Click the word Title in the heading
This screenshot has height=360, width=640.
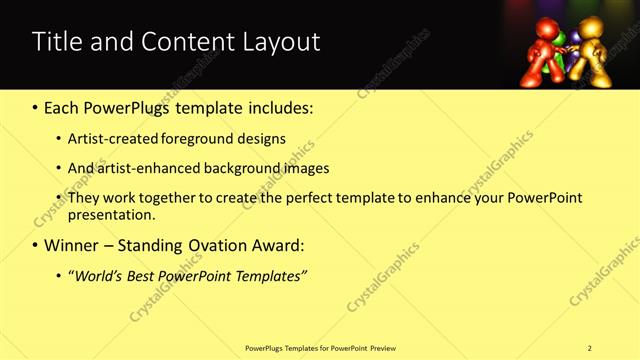[x=56, y=42]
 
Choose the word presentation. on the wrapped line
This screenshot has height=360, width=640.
[x=112, y=214]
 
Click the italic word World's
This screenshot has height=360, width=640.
[x=98, y=275]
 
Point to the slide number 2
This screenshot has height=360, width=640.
[x=590, y=348]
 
